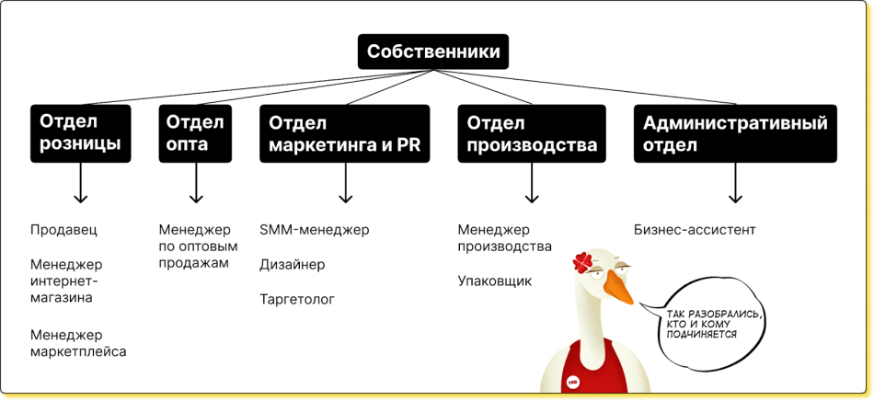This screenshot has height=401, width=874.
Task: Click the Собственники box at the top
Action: (433, 52)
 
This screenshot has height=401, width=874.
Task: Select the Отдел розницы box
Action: (81, 133)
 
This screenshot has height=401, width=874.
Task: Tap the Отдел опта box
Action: (193, 133)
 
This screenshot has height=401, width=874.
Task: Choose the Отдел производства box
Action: (532, 133)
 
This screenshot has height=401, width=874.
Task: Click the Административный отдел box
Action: (734, 133)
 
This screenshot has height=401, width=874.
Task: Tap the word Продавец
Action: (63, 230)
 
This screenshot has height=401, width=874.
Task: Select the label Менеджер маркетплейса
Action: (78, 343)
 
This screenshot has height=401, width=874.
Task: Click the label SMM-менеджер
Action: (314, 230)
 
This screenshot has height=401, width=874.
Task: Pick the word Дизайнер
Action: (292, 265)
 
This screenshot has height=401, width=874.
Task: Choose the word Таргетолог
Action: (297, 300)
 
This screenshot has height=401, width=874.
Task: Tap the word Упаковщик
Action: (494, 281)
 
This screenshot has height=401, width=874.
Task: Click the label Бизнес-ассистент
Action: (695, 230)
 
